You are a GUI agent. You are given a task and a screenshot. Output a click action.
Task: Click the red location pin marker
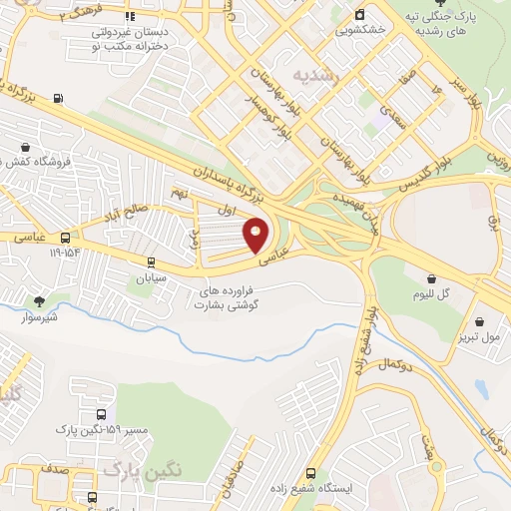[x=256, y=235]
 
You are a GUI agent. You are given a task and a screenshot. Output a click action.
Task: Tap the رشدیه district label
[x=317, y=75]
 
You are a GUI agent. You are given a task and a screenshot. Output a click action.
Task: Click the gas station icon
[x=58, y=98]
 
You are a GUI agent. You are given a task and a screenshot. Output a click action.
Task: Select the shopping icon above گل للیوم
[x=431, y=278]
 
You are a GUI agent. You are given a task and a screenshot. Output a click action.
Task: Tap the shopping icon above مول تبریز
[x=480, y=321]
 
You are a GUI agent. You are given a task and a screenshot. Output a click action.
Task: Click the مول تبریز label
[x=481, y=338]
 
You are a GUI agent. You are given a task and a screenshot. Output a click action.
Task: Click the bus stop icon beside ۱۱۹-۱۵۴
[x=65, y=238]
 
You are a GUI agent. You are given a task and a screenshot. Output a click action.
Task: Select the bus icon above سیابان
[x=151, y=262]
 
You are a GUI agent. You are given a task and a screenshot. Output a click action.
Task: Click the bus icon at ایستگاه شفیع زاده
[x=310, y=473]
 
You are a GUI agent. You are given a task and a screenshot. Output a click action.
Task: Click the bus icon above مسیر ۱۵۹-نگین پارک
[x=101, y=414]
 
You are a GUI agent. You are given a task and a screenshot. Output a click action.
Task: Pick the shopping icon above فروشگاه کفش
[x=23, y=146]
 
